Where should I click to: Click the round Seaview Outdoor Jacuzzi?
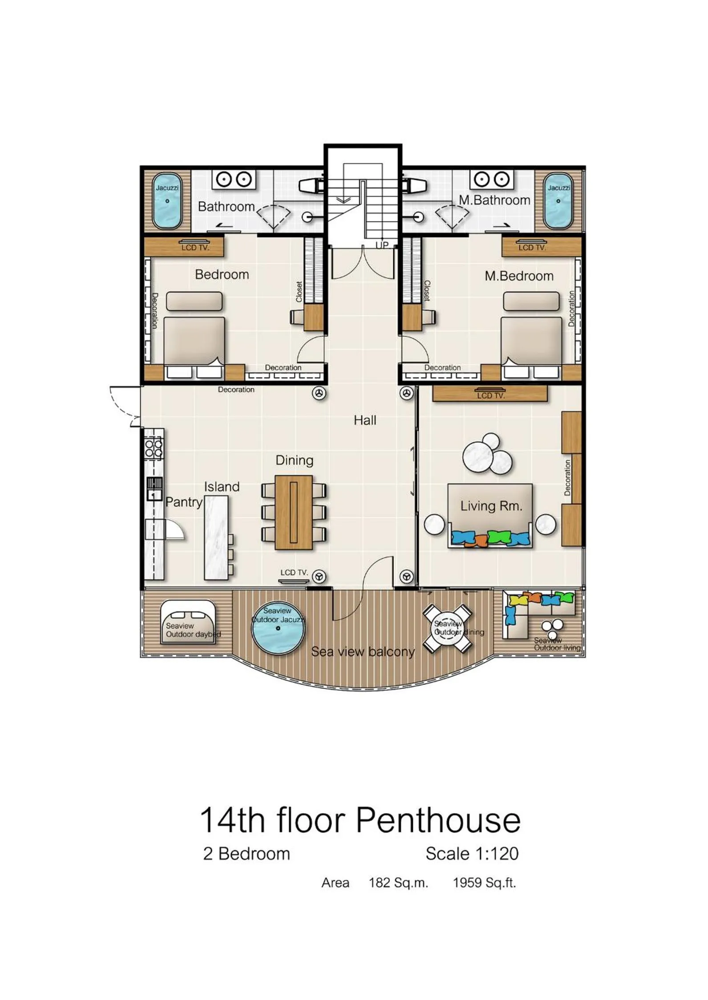[x=278, y=628]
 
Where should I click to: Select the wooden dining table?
[x=294, y=512]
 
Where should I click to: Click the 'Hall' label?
[x=365, y=420]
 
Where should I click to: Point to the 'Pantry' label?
[x=184, y=502]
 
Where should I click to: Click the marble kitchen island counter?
[x=216, y=537]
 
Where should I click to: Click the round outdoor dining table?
[x=447, y=628]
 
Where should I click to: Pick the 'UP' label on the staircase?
[x=382, y=245]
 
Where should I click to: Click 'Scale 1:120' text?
[x=472, y=854]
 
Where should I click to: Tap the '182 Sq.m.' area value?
[x=398, y=883]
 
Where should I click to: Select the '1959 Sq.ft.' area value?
[x=484, y=883]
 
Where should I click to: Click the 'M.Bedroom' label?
[x=519, y=276]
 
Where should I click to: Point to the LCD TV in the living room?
[x=490, y=394]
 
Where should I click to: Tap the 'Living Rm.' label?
[x=491, y=506]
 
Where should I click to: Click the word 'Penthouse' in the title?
[x=438, y=820]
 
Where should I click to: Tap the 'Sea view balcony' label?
[x=363, y=652]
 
